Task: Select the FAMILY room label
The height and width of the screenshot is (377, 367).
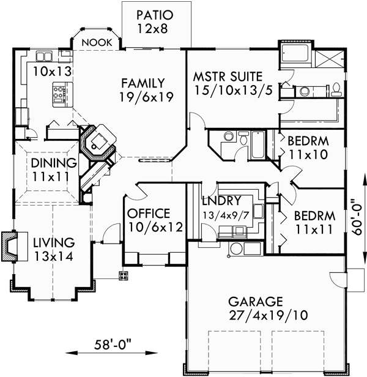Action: pyautogui.click(x=142, y=83)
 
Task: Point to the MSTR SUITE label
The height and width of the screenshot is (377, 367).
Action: pyautogui.click(x=228, y=77)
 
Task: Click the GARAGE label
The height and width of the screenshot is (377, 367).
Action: pyautogui.click(x=255, y=302)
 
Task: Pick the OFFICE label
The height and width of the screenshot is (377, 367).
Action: pyautogui.click(x=148, y=214)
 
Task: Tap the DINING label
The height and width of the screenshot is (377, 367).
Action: pyautogui.click(x=56, y=163)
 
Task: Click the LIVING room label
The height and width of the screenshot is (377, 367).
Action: pyautogui.click(x=53, y=243)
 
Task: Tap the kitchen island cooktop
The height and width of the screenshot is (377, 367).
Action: pyautogui.click(x=60, y=94)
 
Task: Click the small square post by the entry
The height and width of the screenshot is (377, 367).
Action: pyautogui.click(x=124, y=276)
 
